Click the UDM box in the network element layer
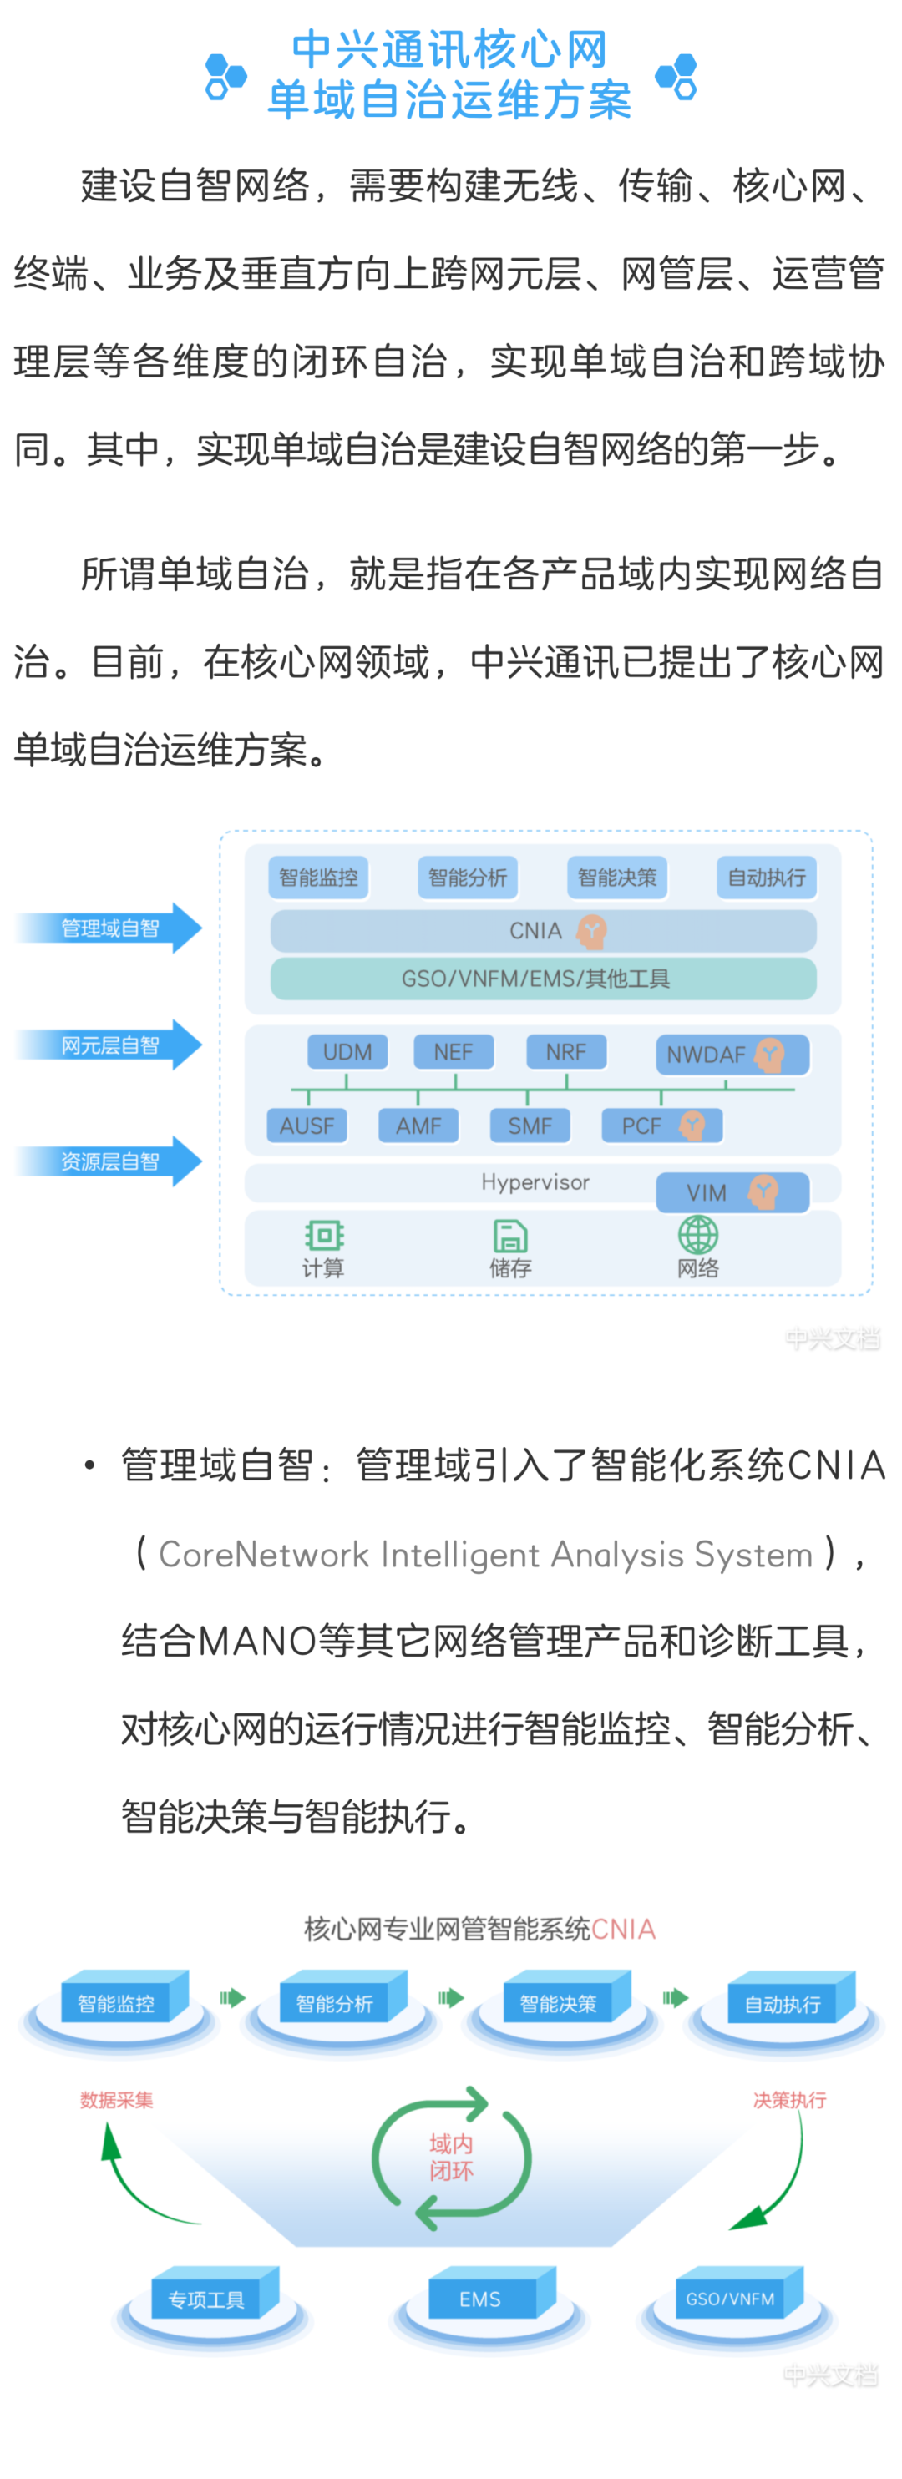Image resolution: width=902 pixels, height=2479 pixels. click(347, 1052)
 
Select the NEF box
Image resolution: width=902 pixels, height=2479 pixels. click(454, 1052)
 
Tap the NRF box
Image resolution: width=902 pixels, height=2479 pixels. click(566, 1052)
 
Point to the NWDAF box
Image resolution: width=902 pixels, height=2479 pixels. click(732, 1055)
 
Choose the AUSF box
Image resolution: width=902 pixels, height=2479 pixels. click(307, 1125)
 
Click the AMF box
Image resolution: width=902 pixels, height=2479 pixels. click(418, 1125)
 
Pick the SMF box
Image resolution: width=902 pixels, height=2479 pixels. click(530, 1125)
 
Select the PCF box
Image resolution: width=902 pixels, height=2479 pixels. click(662, 1125)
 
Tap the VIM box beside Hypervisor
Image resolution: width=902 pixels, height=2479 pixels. click(732, 1192)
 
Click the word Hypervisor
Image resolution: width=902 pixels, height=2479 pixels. click(535, 1181)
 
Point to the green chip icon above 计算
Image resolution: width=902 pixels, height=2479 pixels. click(324, 1235)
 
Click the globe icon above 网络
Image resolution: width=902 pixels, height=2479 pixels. click(698, 1235)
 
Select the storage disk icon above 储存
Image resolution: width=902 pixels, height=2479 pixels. click(510, 1236)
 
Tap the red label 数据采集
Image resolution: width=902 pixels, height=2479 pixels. click(116, 2100)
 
